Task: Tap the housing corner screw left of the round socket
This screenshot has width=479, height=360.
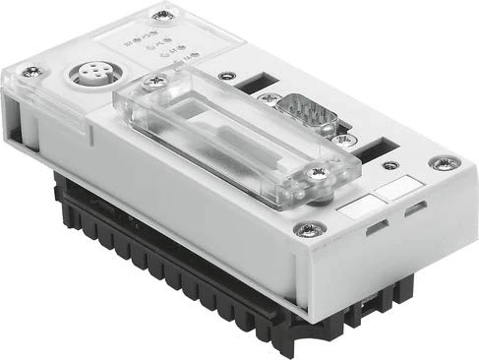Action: [x=32, y=71]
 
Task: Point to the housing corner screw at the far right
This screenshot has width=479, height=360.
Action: [x=437, y=163]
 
